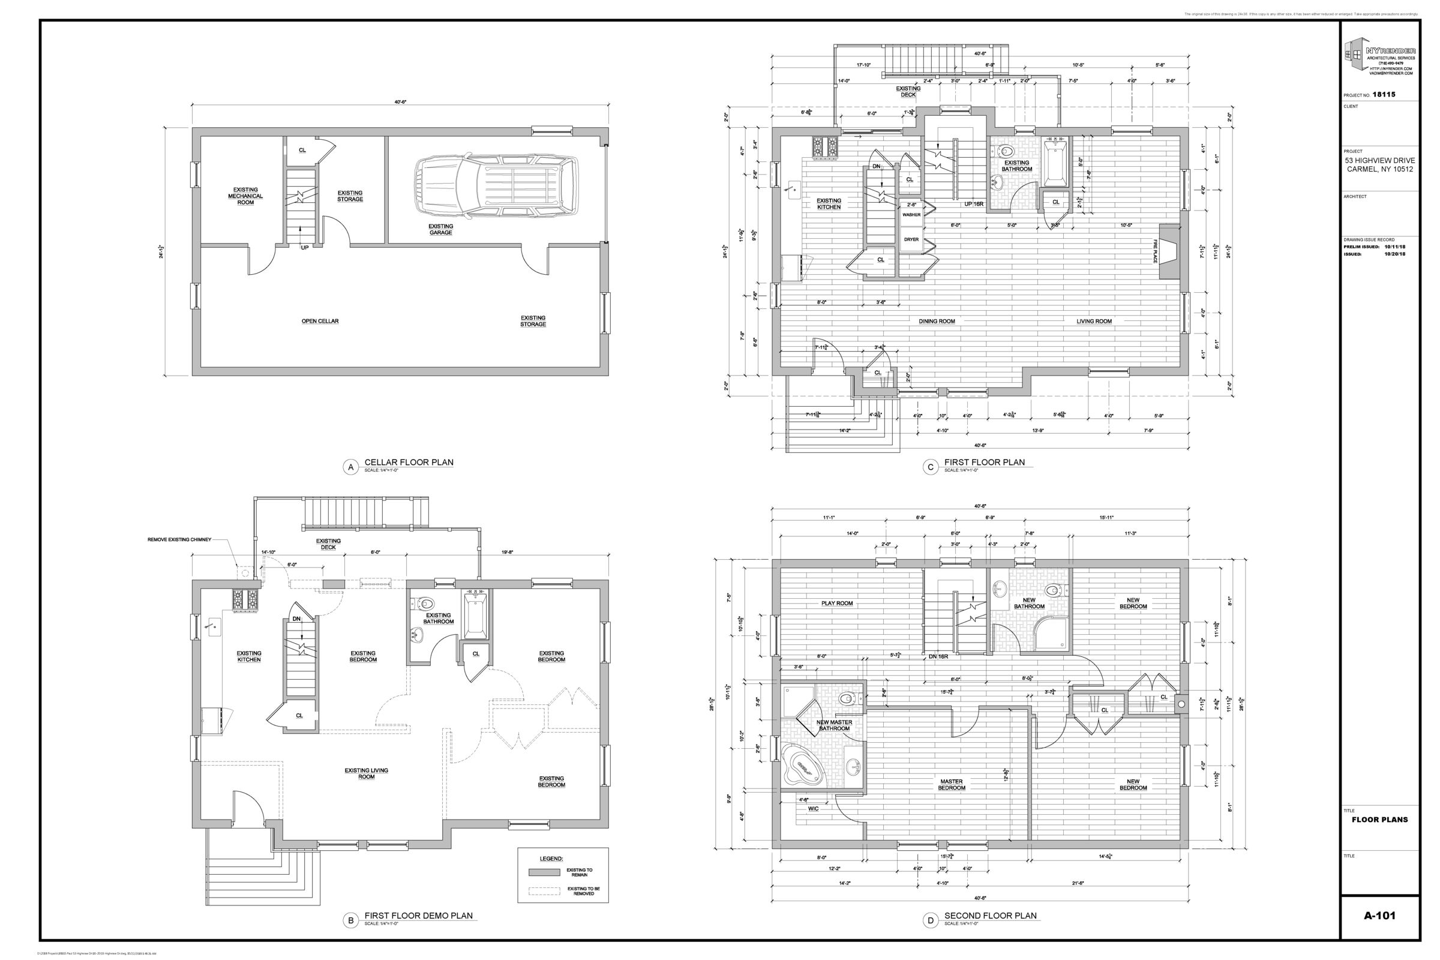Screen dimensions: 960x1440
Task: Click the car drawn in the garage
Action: pyautogui.click(x=496, y=189)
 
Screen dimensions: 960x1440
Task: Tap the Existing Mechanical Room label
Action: pyautogui.click(x=245, y=196)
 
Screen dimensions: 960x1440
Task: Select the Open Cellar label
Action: pyautogui.click(x=320, y=322)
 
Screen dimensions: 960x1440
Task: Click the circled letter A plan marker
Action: pyautogui.click(x=351, y=468)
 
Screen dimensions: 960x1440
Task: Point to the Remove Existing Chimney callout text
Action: pyautogui.click(x=179, y=540)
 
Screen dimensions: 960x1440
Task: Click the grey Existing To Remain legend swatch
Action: pyautogui.click(x=544, y=872)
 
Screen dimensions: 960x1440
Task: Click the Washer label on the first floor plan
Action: pyautogui.click(x=911, y=215)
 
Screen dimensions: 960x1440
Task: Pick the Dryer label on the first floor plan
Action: pyautogui.click(x=911, y=239)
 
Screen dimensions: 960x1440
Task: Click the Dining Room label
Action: pyautogui.click(x=937, y=322)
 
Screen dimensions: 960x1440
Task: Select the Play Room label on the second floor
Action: pyautogui.click(x=837, y=603)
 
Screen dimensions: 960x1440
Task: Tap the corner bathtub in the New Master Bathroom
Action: pyautogui.click(x=803, y=766)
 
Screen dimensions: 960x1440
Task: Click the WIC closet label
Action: pyautogui.click(x=813, y=809)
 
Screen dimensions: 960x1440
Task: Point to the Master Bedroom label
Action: pyautogui.click(x=952, y=785)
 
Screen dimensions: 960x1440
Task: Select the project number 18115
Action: pyautogui.click(x=1384, y=95)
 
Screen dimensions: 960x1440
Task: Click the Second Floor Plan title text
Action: pyautogui.click(x=990, y=916)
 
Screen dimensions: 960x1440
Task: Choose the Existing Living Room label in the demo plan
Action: pyautogui.click(x=366, y=774)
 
